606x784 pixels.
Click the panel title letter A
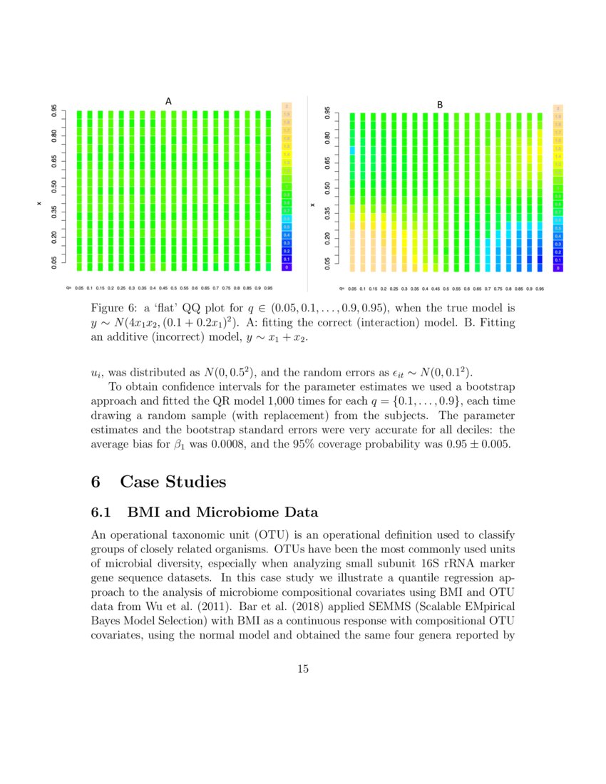pyautogui.click(x=168, y=101)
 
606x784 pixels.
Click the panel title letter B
pyautogui.click(x=440, y=105)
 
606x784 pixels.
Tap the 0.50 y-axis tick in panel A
pyautogui.click(x=54, y=187)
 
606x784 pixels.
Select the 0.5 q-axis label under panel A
pyautogui.click(x=173, y=289)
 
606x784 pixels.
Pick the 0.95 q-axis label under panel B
pyautogui.click(x=540, y=289)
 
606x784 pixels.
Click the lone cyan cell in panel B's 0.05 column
pyautogui.click(x=351, y=150)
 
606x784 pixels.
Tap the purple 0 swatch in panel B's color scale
pyautogui.click(x=558, y=268)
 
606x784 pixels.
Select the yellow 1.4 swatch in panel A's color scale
pyautogui.click(x=287, y=154)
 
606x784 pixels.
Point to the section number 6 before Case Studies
pyautogui.click(x=96, y=482)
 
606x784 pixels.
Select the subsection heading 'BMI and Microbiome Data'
pyautogui.click(x=222, y=512)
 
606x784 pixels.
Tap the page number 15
pyautogui.click(x=303, y=669)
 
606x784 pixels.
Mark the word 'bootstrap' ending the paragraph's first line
pyautogui.click(x=486, y=387)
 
